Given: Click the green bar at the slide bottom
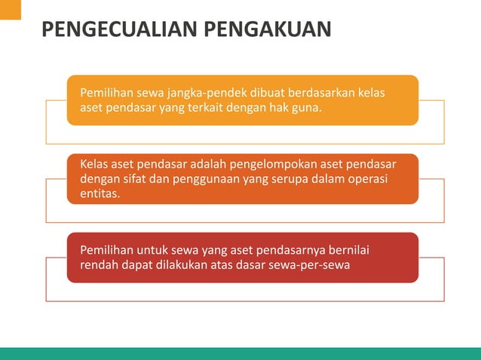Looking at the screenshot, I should (x=240, y=353).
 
